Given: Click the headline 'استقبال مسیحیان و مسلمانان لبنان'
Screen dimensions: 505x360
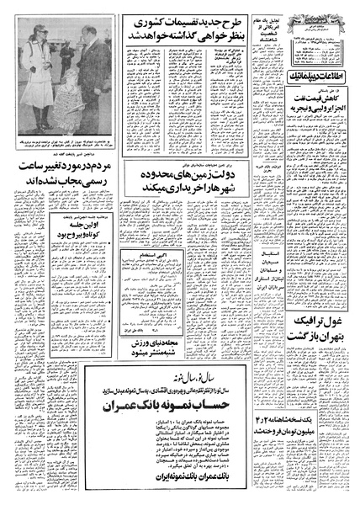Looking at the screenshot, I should [247, 278].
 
